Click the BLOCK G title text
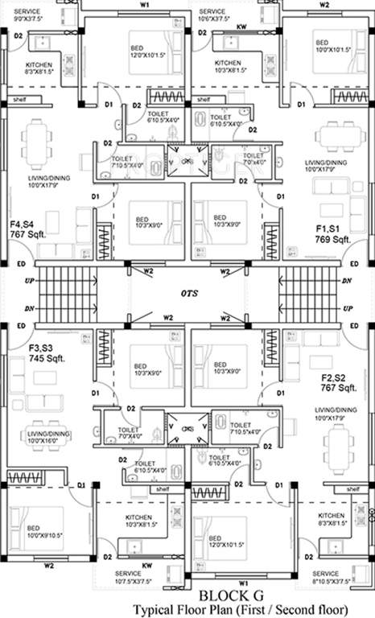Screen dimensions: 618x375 pos(229,595)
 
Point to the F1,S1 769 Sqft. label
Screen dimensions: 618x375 pos(332,234)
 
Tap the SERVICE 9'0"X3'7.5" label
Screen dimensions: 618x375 pos(26,12)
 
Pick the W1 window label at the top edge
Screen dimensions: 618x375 pos(145,5)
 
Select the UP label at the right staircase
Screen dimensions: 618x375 pos(348,309)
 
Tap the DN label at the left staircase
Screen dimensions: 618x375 pos(30,309)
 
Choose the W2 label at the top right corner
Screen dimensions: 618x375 pos(324,5)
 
